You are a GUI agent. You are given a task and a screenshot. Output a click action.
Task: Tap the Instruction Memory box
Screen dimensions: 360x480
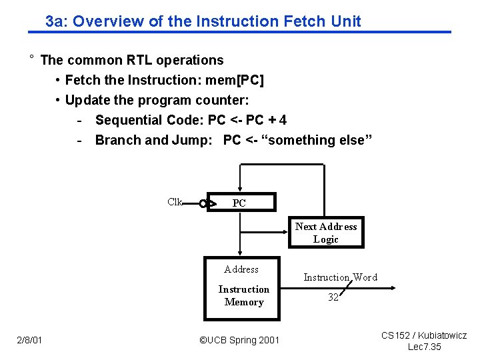tap(243, 287)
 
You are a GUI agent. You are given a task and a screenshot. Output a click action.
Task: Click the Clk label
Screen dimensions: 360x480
tap(175, 202)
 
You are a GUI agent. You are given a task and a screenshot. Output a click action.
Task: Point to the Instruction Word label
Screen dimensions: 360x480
tap(340, 277)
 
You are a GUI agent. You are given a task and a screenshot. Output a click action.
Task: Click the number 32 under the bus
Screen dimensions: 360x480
tap(333, 297)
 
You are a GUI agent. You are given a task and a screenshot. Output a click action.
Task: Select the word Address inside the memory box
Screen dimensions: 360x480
tap(241, 269)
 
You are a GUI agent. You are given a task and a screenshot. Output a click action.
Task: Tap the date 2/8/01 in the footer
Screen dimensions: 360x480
tap(29, 341)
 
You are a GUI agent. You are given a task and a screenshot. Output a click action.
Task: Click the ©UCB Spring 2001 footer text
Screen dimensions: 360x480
tap(239, 341)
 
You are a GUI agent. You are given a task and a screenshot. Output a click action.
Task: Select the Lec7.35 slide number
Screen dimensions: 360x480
tap(424, 347)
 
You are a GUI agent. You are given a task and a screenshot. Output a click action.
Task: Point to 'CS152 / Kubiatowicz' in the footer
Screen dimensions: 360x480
tap(424, 335)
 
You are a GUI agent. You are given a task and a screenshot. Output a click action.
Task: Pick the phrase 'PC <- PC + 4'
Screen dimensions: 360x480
tap(247, 120)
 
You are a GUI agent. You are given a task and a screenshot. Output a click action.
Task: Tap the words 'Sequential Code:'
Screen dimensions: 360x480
tap(149, 120)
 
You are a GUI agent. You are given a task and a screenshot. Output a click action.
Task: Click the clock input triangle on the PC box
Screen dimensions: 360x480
tap(212, 203)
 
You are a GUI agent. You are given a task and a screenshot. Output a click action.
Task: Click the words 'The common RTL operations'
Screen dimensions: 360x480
tap(132, 60)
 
